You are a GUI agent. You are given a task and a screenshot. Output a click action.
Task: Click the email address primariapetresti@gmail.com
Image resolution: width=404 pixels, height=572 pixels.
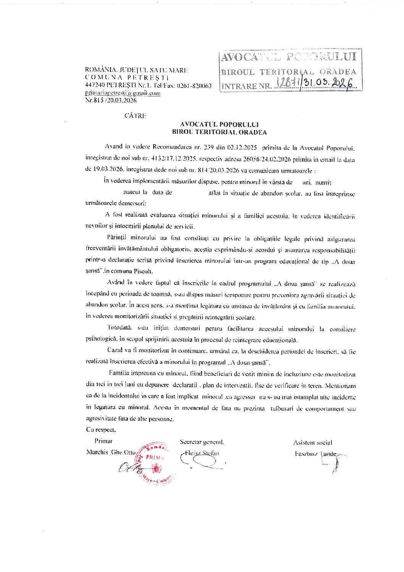(123, 93)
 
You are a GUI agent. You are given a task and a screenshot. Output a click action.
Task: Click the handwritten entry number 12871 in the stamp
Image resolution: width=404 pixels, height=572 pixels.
(286, 84)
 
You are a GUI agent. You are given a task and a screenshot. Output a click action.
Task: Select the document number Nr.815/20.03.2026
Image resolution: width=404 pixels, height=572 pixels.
(110, 100)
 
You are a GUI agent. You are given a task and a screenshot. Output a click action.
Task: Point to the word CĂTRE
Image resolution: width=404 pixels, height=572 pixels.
(135, 116)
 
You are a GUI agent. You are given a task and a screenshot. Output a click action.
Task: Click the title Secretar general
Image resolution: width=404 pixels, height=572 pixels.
(202, 442)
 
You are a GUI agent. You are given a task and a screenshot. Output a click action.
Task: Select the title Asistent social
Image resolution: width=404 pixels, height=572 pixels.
(312, 442)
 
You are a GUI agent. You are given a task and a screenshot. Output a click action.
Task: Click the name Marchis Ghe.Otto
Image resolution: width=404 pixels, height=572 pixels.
(111, 452)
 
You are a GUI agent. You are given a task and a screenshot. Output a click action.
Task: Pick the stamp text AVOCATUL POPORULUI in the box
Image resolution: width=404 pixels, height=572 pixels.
(289, 57)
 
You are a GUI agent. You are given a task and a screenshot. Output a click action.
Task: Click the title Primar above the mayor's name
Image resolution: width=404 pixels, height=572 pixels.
(103, 440)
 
